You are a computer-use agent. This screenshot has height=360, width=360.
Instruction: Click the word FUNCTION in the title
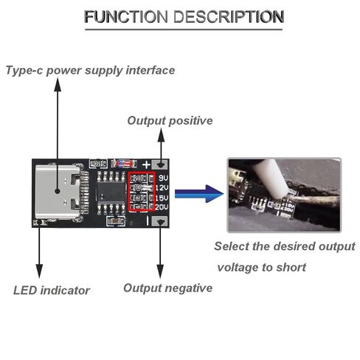(126, 17)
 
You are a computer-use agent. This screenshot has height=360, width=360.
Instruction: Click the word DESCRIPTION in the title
(229, 17)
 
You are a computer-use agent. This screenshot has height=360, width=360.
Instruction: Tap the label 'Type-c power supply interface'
(90, 70)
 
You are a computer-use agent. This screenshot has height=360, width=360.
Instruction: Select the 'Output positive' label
(170, 121)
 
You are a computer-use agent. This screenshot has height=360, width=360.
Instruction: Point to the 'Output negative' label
(168, 288)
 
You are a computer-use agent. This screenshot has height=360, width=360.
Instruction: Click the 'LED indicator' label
(52, 291)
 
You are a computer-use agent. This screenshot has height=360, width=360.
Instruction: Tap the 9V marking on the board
(163, 178)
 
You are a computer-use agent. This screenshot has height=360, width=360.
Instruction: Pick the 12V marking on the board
(162, 188)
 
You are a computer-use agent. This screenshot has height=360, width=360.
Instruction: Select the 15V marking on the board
(162, 198)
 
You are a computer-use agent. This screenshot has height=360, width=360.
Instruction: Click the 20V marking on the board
(162, 207)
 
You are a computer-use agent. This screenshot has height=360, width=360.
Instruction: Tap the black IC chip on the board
(111, 192)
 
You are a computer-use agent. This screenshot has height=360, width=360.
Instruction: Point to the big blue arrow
(199, 194)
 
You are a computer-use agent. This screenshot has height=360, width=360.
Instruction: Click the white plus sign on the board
(147, 165)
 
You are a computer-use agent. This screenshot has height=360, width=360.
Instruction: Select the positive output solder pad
(160, 165)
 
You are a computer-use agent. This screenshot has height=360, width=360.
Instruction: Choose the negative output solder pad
(160, 221)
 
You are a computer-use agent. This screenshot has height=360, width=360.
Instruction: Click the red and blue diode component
(124, 163)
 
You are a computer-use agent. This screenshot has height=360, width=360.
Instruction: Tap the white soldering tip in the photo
(271, 179)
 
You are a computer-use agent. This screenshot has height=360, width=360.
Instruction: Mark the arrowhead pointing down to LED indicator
(39, 271)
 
